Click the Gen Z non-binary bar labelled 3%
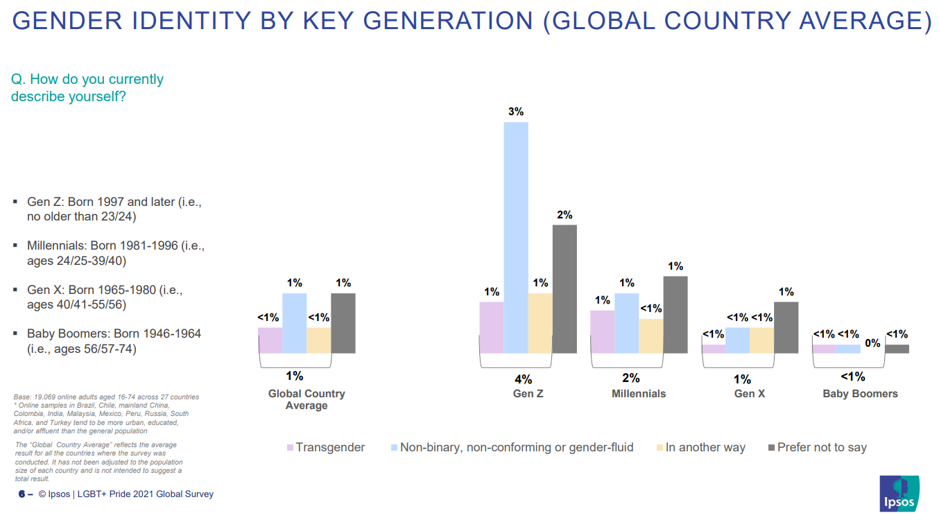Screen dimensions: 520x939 (x=515, y=237)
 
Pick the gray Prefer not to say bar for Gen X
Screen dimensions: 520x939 (x=786, y=327)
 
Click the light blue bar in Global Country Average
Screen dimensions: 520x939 (x=294, y=323)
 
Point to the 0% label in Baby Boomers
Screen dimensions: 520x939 (x=872, y=343)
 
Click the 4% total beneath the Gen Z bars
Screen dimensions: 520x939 (x=523, y=379)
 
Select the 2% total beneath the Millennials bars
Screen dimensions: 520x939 (x=631, y=378)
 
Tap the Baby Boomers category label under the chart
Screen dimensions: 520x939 (x=860, y=394)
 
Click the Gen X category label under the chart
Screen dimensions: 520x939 (x=749, y=394)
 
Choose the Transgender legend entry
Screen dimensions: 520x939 (x=326, y=447)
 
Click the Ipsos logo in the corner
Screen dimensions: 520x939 (x=899, y=494)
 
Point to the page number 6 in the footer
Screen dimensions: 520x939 (x=21, y=494)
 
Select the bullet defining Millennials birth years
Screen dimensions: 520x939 (x=115, y=253)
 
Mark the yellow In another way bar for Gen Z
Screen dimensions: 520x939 (x=540, y=323)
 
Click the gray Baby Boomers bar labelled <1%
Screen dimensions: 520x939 (x=897, y=349)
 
